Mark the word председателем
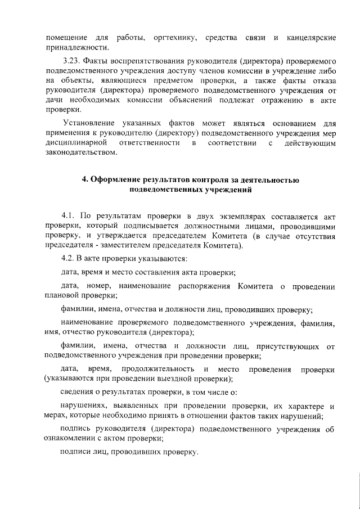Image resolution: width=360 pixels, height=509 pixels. point(219,236)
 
